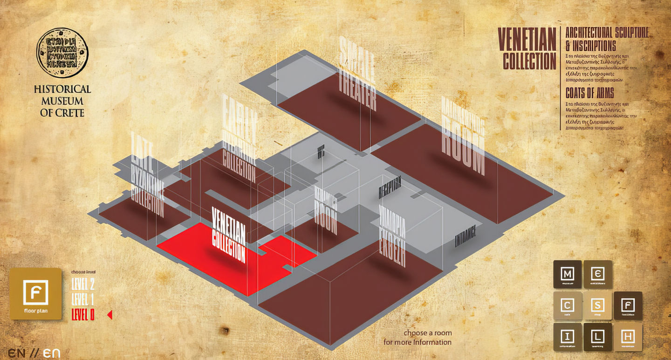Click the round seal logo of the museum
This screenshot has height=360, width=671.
[62, 52]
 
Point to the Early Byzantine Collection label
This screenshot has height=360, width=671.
[239, 140]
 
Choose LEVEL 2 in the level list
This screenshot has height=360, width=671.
[83, 284]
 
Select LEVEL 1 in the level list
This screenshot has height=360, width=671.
[83, 299]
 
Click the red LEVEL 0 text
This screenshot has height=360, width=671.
[83, 315]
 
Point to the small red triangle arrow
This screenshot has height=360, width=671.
[110, 315]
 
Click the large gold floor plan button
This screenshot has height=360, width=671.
[36, 294]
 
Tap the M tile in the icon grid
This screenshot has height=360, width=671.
[568, 274]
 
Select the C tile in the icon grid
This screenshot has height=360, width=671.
[568, 306]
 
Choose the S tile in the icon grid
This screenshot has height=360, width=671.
[598, 306]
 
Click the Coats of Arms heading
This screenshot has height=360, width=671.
[589, 92]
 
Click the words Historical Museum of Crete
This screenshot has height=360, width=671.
[62, 101]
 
